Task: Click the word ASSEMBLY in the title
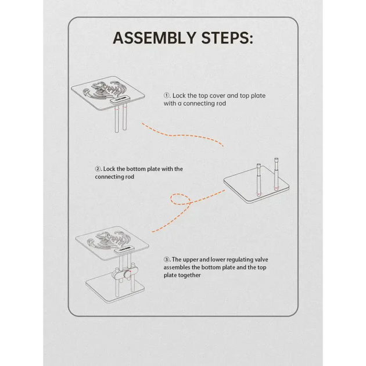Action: (x=155, y=38)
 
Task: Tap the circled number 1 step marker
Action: (x=166, y=95)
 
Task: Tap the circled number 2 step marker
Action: (x=98, y=168)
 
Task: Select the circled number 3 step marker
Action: (x=166, y=259)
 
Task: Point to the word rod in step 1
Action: (x=221, y=103)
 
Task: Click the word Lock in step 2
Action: (x=109, y=168)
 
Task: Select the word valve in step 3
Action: (x=261, y=259)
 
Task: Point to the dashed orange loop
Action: (x=180, y=199)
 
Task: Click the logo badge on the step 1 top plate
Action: (x=120, y=99)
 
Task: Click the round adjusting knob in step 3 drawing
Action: (x=127, y=274)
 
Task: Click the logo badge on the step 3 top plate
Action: (x=124, y=250)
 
